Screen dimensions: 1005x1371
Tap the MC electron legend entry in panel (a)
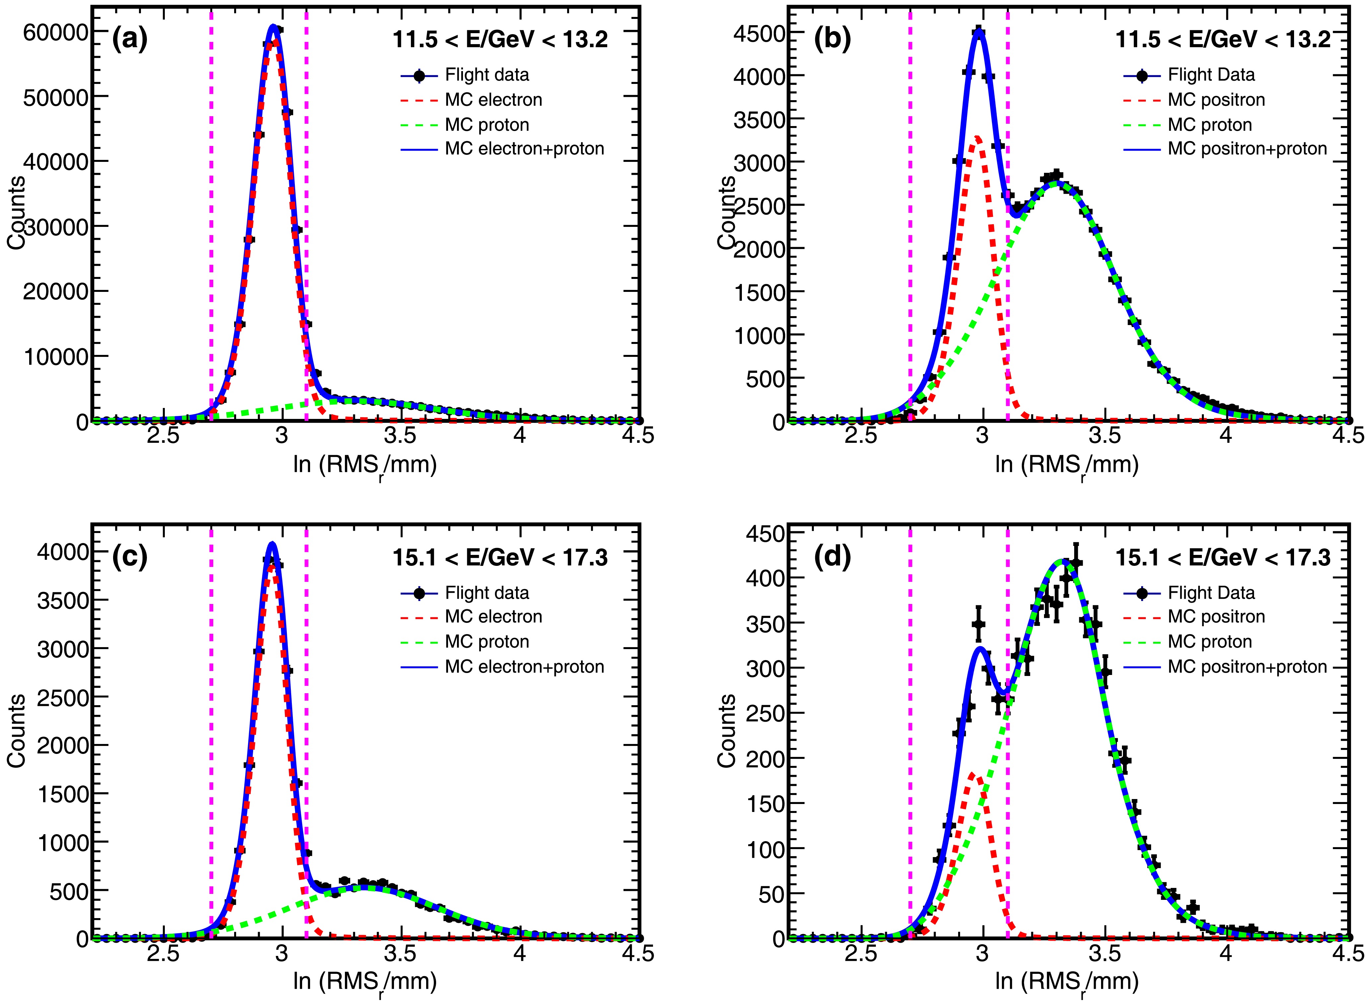click(x=493, y=100)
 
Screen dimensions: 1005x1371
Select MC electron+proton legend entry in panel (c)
click(x=524, y=667)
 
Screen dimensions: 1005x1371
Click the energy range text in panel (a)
click(x=500, y=39)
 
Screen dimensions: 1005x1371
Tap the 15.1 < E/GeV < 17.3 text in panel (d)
click(x=1222, y=557)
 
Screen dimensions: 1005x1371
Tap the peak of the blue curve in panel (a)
click(x=274, y=26)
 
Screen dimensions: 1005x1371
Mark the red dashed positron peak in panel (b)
click(x=977, y=138)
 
